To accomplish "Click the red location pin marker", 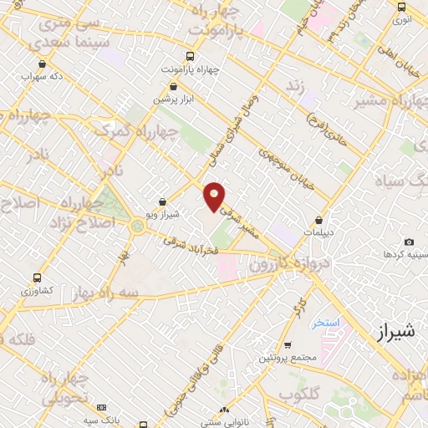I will [x=215, y=195].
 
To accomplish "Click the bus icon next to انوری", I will [x=402, y=7].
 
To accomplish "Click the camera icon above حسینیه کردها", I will [x=409, y=242].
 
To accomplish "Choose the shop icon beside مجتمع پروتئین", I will [x=287, y=345].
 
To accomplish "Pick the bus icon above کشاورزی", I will [x=37, y=278].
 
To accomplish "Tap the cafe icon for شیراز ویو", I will [x=162, y=201].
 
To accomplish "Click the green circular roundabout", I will [x=137, y=224].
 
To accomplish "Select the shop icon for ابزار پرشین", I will [x=176, y=86].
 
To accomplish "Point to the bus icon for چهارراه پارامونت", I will [x=191, y=57].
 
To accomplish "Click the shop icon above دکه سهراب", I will [x=43, y=64].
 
